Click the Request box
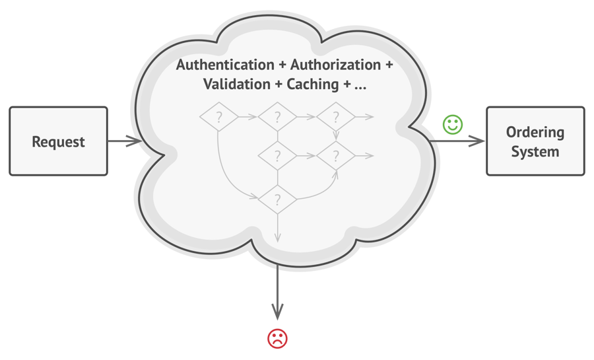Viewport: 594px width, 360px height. [58, 141]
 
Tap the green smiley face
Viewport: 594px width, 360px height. [453, 125]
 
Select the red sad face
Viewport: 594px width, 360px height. [278, 339]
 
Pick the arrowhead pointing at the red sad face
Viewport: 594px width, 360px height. [278, 311]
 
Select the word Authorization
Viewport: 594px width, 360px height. [336, 66]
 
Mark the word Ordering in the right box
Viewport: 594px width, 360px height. [535, 132]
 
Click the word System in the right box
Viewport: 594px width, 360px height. [535, 152]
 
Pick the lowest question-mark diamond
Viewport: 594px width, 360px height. [277, 198]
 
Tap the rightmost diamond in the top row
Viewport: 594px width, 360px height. [336, 118]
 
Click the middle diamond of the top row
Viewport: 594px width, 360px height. [277, 118]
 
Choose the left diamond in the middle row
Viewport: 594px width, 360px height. [277, 157]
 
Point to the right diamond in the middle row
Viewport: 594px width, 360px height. [336, 157]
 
